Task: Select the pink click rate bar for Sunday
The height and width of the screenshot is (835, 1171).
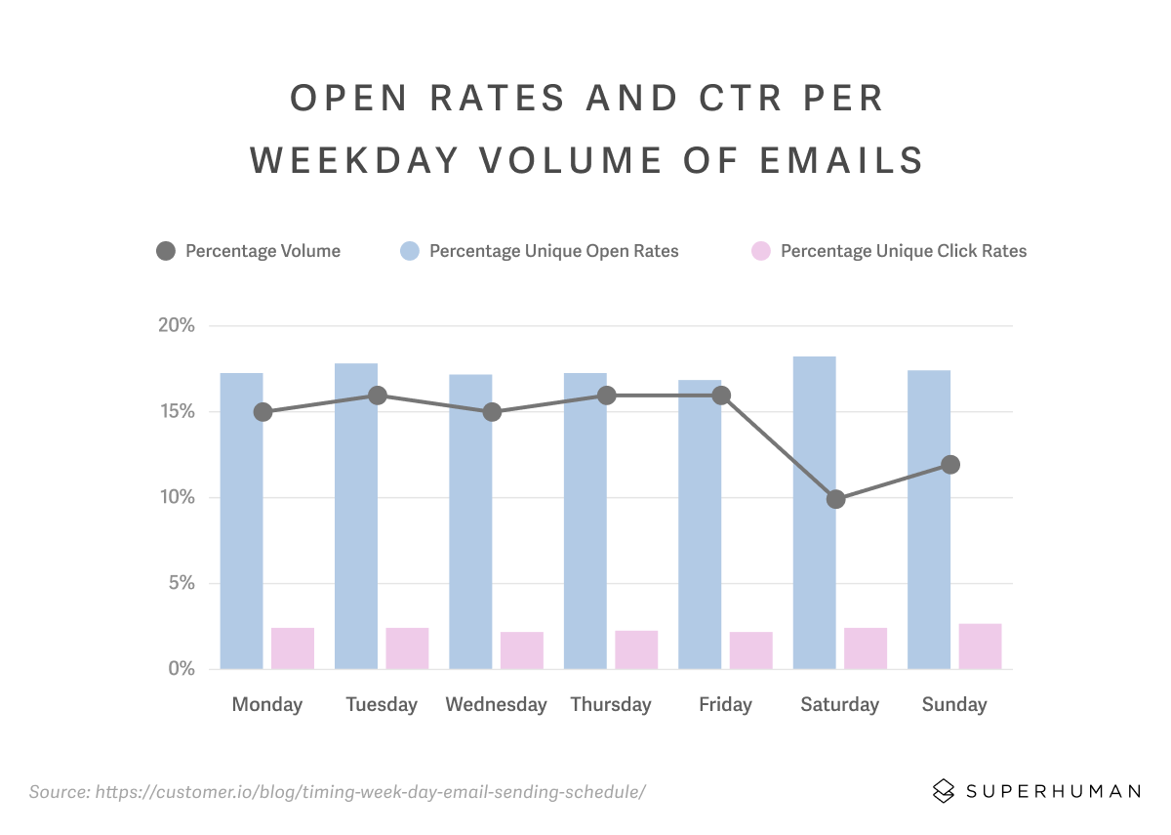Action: pos(980,647)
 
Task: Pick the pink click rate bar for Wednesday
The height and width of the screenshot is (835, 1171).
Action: pos(522,650)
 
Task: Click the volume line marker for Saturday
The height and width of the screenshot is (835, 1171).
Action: pos(835,499)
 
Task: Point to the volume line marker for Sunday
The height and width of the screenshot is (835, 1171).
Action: pos(950,465)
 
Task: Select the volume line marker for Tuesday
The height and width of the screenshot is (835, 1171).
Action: pos(378,396)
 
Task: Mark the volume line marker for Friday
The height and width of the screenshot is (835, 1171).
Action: pos(721,396)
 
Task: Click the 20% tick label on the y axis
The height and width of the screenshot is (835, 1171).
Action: pos(177,325)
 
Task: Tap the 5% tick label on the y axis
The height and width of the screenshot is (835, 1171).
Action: pos(182,583)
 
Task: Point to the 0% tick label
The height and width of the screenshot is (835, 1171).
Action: pos(182,669)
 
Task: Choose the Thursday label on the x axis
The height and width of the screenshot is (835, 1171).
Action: pos(611,704)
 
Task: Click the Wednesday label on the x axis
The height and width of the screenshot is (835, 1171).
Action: pos(496,704)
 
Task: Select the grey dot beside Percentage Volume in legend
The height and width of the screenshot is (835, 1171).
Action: pos(166,251)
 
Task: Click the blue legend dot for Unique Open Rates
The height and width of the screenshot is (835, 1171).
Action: pos(410,251)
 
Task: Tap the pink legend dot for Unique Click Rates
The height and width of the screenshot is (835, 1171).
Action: pos(761,251)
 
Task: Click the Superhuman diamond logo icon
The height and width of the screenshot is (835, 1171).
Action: pos(944,790)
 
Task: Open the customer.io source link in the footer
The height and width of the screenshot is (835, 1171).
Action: pos(370,791)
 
